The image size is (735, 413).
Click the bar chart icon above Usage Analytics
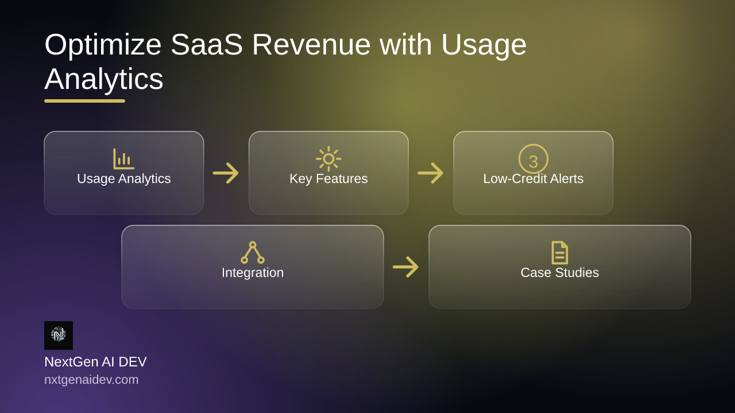(123, 159)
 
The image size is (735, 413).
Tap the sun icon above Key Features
(328, 159)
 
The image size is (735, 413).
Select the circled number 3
(533, 159)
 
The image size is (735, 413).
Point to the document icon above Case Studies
(560, 253)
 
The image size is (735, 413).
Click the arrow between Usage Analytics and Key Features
(226, 173)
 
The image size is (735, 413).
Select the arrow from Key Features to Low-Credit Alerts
(431, 173)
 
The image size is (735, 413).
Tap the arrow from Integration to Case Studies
(406, 267)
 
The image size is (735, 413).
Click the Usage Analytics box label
(124, 179)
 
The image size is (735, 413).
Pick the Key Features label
(328, 179)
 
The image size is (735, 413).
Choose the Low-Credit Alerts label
(533, 179)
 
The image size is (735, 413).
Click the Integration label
(253, 272)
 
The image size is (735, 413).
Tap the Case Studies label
(560, 272)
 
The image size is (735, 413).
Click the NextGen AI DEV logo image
(59, 336)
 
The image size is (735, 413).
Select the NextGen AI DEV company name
(95, 362)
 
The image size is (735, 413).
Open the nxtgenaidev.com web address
(91, 380)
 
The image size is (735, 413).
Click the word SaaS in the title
(207, 45)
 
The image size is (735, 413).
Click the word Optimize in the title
(103, 46)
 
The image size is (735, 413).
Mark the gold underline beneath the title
(84, 101)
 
